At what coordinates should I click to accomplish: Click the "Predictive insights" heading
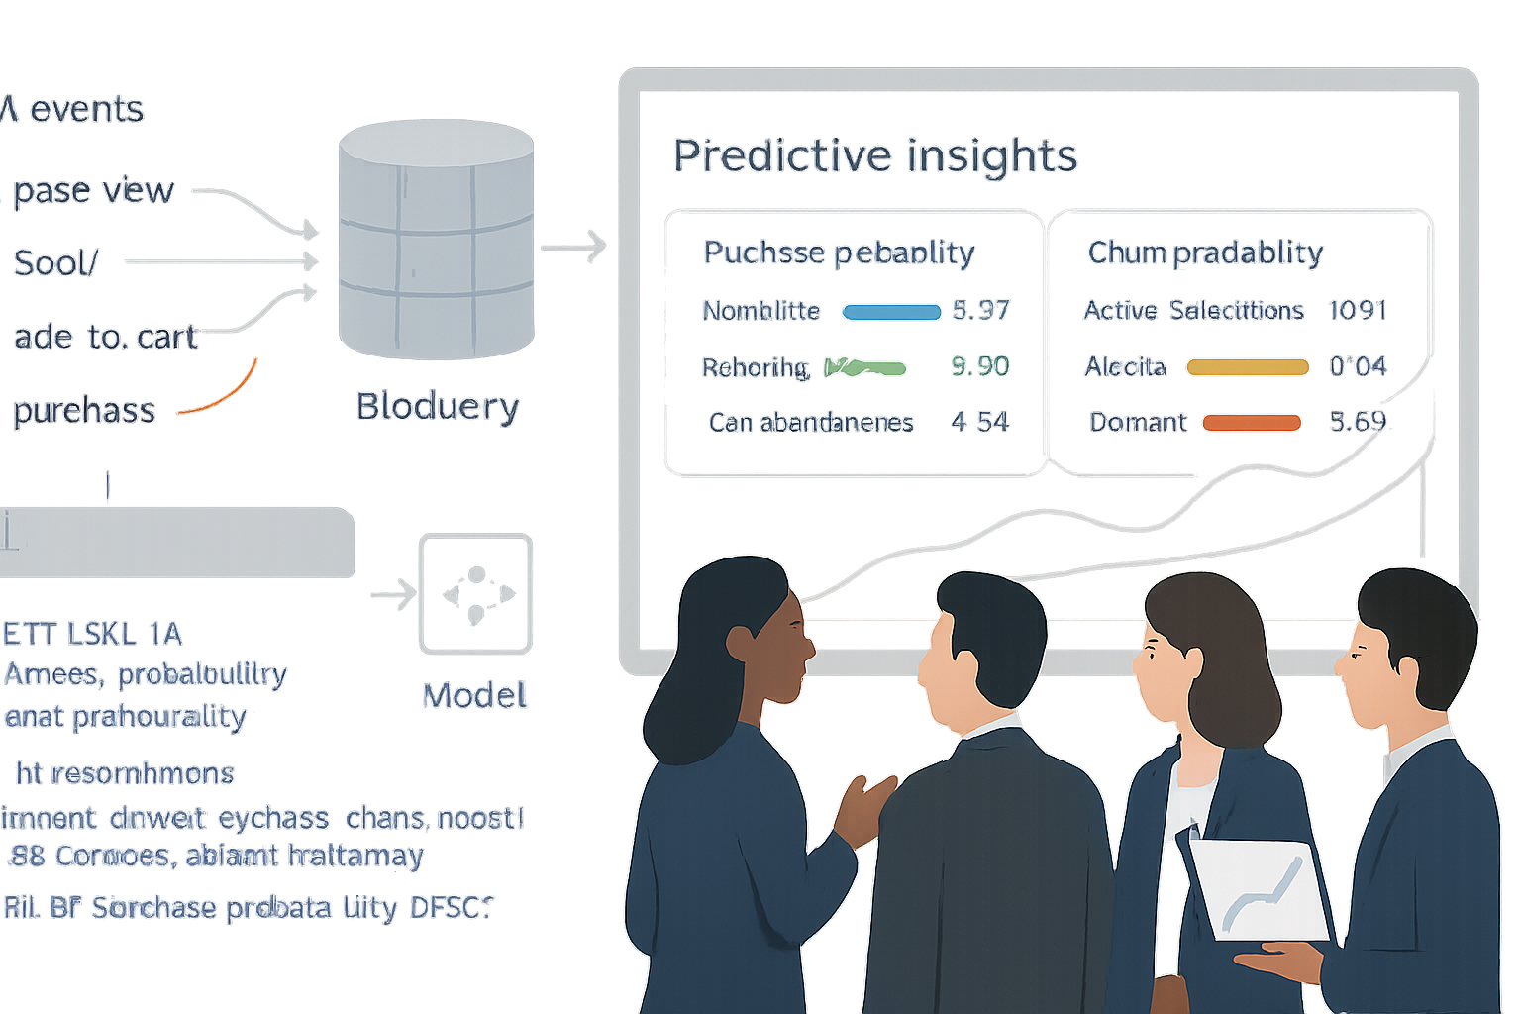click(874, 156)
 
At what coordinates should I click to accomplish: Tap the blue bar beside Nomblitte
click(891, 312)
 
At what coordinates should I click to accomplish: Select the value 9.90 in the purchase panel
click(979, 366)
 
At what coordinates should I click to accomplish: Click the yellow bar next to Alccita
click(1248, 367)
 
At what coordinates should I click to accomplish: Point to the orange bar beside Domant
click(1252, 423)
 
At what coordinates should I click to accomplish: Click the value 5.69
click(1358, 422)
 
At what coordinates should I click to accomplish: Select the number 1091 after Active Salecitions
click(1357, 310)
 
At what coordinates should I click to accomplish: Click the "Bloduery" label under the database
click(438, 406)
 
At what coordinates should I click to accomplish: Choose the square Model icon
click(476, 593)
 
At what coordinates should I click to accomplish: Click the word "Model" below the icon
click(475, 696)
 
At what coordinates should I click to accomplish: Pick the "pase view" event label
click(94, 190)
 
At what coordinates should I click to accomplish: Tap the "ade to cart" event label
click(105, 338)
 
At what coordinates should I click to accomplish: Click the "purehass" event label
click(85, 411)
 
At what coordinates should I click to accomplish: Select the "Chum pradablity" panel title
click(1205, 253)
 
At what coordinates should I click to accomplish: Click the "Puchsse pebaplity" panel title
click(839, 253)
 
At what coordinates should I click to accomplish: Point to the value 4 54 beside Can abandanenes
click(979, 423)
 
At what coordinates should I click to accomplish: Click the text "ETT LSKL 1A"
click(93, 634)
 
